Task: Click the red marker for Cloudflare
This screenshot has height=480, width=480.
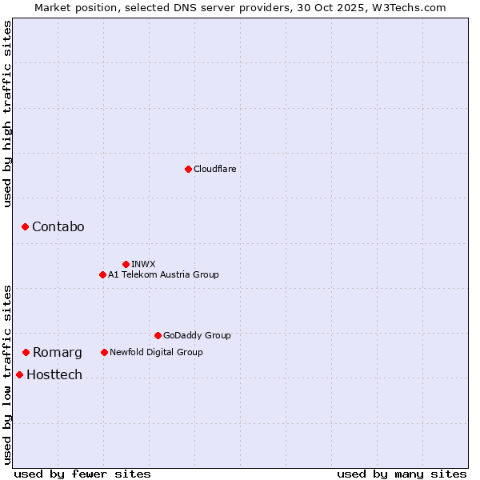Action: [188, 169]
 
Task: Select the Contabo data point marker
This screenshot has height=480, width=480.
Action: [25, 227]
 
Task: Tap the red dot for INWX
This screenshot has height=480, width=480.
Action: [126, 264]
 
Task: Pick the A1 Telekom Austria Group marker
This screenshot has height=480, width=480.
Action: [102, 274]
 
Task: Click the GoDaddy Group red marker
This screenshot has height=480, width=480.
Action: [158, 335]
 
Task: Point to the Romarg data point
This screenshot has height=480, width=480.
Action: [26, 352]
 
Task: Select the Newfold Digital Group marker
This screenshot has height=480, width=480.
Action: [104, 352]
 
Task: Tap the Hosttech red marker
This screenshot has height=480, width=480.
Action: [19, 374]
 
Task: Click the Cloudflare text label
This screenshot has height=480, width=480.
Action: [215, 169]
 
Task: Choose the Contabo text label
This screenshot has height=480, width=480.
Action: [58, 227]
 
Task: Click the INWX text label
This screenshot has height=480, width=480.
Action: [143, 264]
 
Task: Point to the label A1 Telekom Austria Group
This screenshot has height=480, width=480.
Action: [163, 274]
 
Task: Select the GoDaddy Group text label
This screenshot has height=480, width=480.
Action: [197, 335]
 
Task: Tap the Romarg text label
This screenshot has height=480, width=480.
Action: [57, 352]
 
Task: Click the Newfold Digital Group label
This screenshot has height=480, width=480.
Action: [156, 352]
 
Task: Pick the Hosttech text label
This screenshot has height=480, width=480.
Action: [54, 374]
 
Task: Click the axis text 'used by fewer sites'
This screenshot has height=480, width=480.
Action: [82, 474]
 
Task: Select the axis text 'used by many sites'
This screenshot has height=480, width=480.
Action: [402, 474]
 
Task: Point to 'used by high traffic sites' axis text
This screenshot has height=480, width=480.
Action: [7, 114]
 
